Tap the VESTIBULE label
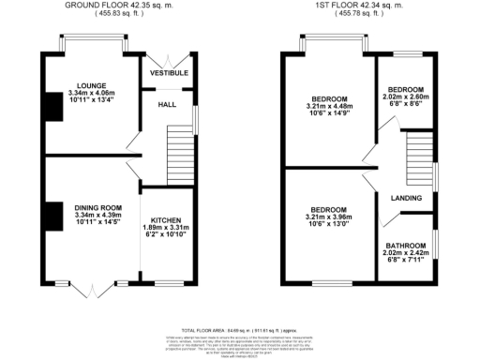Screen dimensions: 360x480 click(170, 72)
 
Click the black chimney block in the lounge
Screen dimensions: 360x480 click(49, 106)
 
